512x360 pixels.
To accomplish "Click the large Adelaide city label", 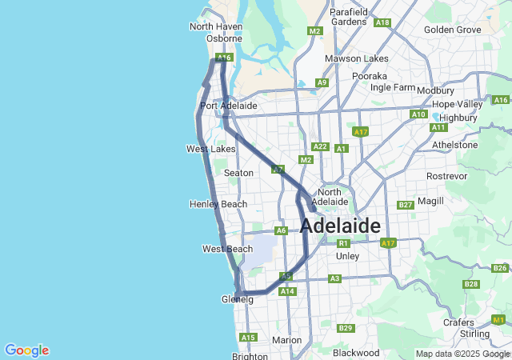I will point(340,226).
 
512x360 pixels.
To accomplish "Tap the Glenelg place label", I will point(237,299).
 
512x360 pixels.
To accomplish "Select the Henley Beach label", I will point(218,204).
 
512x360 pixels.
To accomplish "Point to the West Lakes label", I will point(210,149).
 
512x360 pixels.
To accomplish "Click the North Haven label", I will point(215,26).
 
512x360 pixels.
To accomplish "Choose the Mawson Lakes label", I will point(356,58).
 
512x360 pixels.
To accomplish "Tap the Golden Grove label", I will point(453,30).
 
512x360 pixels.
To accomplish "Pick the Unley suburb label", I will point(348,256).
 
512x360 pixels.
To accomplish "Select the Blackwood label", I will point(355,352).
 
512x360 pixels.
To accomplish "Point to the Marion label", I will point(286,340).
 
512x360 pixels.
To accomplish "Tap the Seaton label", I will point(238,173).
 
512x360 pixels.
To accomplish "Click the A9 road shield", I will point(322,82).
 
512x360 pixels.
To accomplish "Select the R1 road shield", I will point(343,243).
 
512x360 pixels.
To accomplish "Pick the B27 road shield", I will point(405,206).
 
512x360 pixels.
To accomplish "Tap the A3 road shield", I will point(334,278).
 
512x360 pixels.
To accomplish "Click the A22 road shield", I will point(320,146).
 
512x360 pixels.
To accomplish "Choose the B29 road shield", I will point(346,328).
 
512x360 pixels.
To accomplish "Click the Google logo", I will point(26,350).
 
